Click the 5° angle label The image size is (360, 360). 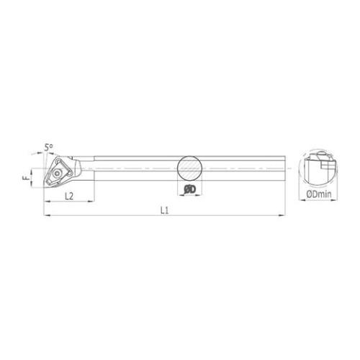(49, 148)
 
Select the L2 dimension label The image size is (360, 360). (69, 197)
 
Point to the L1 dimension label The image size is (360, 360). (165, 210)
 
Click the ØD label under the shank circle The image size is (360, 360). (190, 189)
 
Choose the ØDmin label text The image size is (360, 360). (319, 194)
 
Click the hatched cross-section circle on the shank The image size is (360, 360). (189, 168)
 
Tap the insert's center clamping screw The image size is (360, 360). (58, 174)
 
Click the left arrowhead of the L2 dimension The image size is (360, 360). (47, 202)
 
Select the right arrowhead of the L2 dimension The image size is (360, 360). (91, 202)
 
